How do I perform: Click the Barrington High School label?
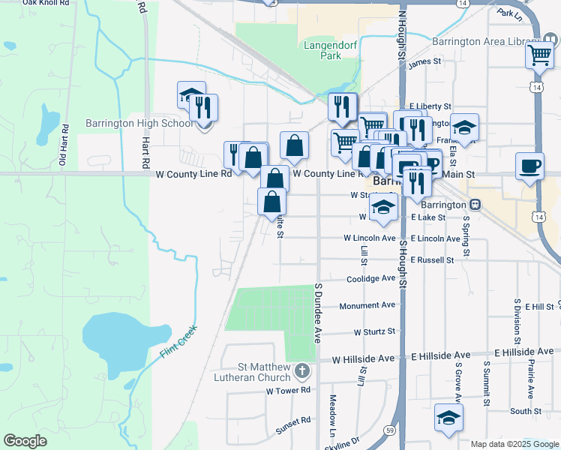pyautogui.click(x=148, y=123)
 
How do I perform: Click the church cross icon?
pyautogui.click(x=301, y=370)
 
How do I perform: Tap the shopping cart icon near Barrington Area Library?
pyautogui.click(x=539, y=55)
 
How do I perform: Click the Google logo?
pyautogui.click(x=25, y=441)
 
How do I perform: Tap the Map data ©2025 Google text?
pyautogui.click(x=514, y=444)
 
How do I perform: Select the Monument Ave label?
pyautogui.click(x=367, y=306)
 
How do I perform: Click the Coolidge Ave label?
pyautogui.click(x=370, y=279)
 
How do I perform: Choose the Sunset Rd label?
pyautogui.click(x=292, y=421)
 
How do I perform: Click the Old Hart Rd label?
pyautogui.click(x=64, y=147)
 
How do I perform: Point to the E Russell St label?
pyautogui.click(x=432, y=260)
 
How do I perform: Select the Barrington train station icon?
pyautogui.click(x=475, y=205)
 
